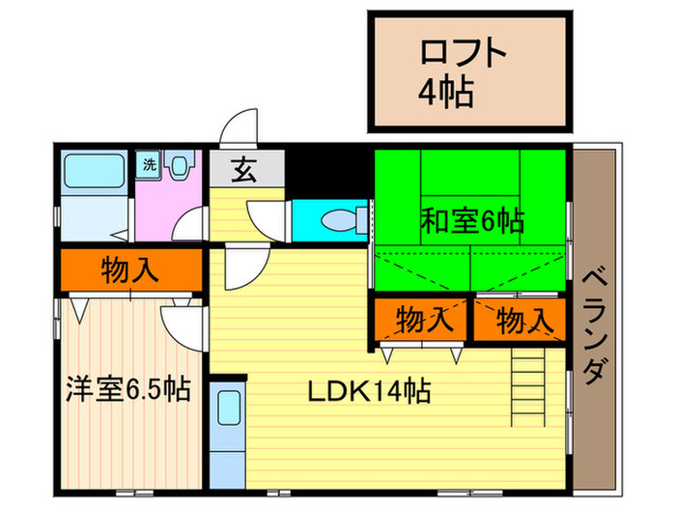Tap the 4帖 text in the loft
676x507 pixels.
(445, 93)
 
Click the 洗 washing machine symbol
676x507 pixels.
(149, 164)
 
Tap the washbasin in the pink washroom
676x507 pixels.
(180, 166)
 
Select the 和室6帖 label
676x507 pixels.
(471, 221)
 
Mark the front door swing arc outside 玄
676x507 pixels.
(240, 130)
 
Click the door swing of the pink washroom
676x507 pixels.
(193, 224)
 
